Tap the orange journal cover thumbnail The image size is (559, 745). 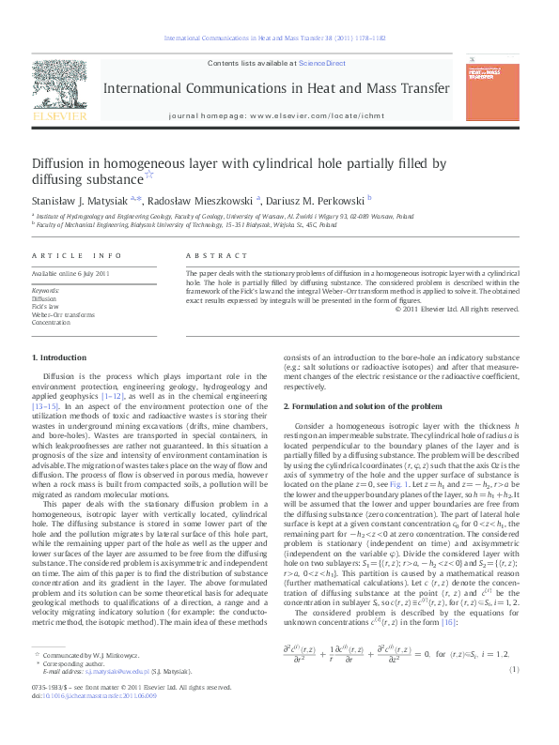491,86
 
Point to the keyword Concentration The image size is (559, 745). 51,322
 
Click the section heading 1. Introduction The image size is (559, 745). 59,357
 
